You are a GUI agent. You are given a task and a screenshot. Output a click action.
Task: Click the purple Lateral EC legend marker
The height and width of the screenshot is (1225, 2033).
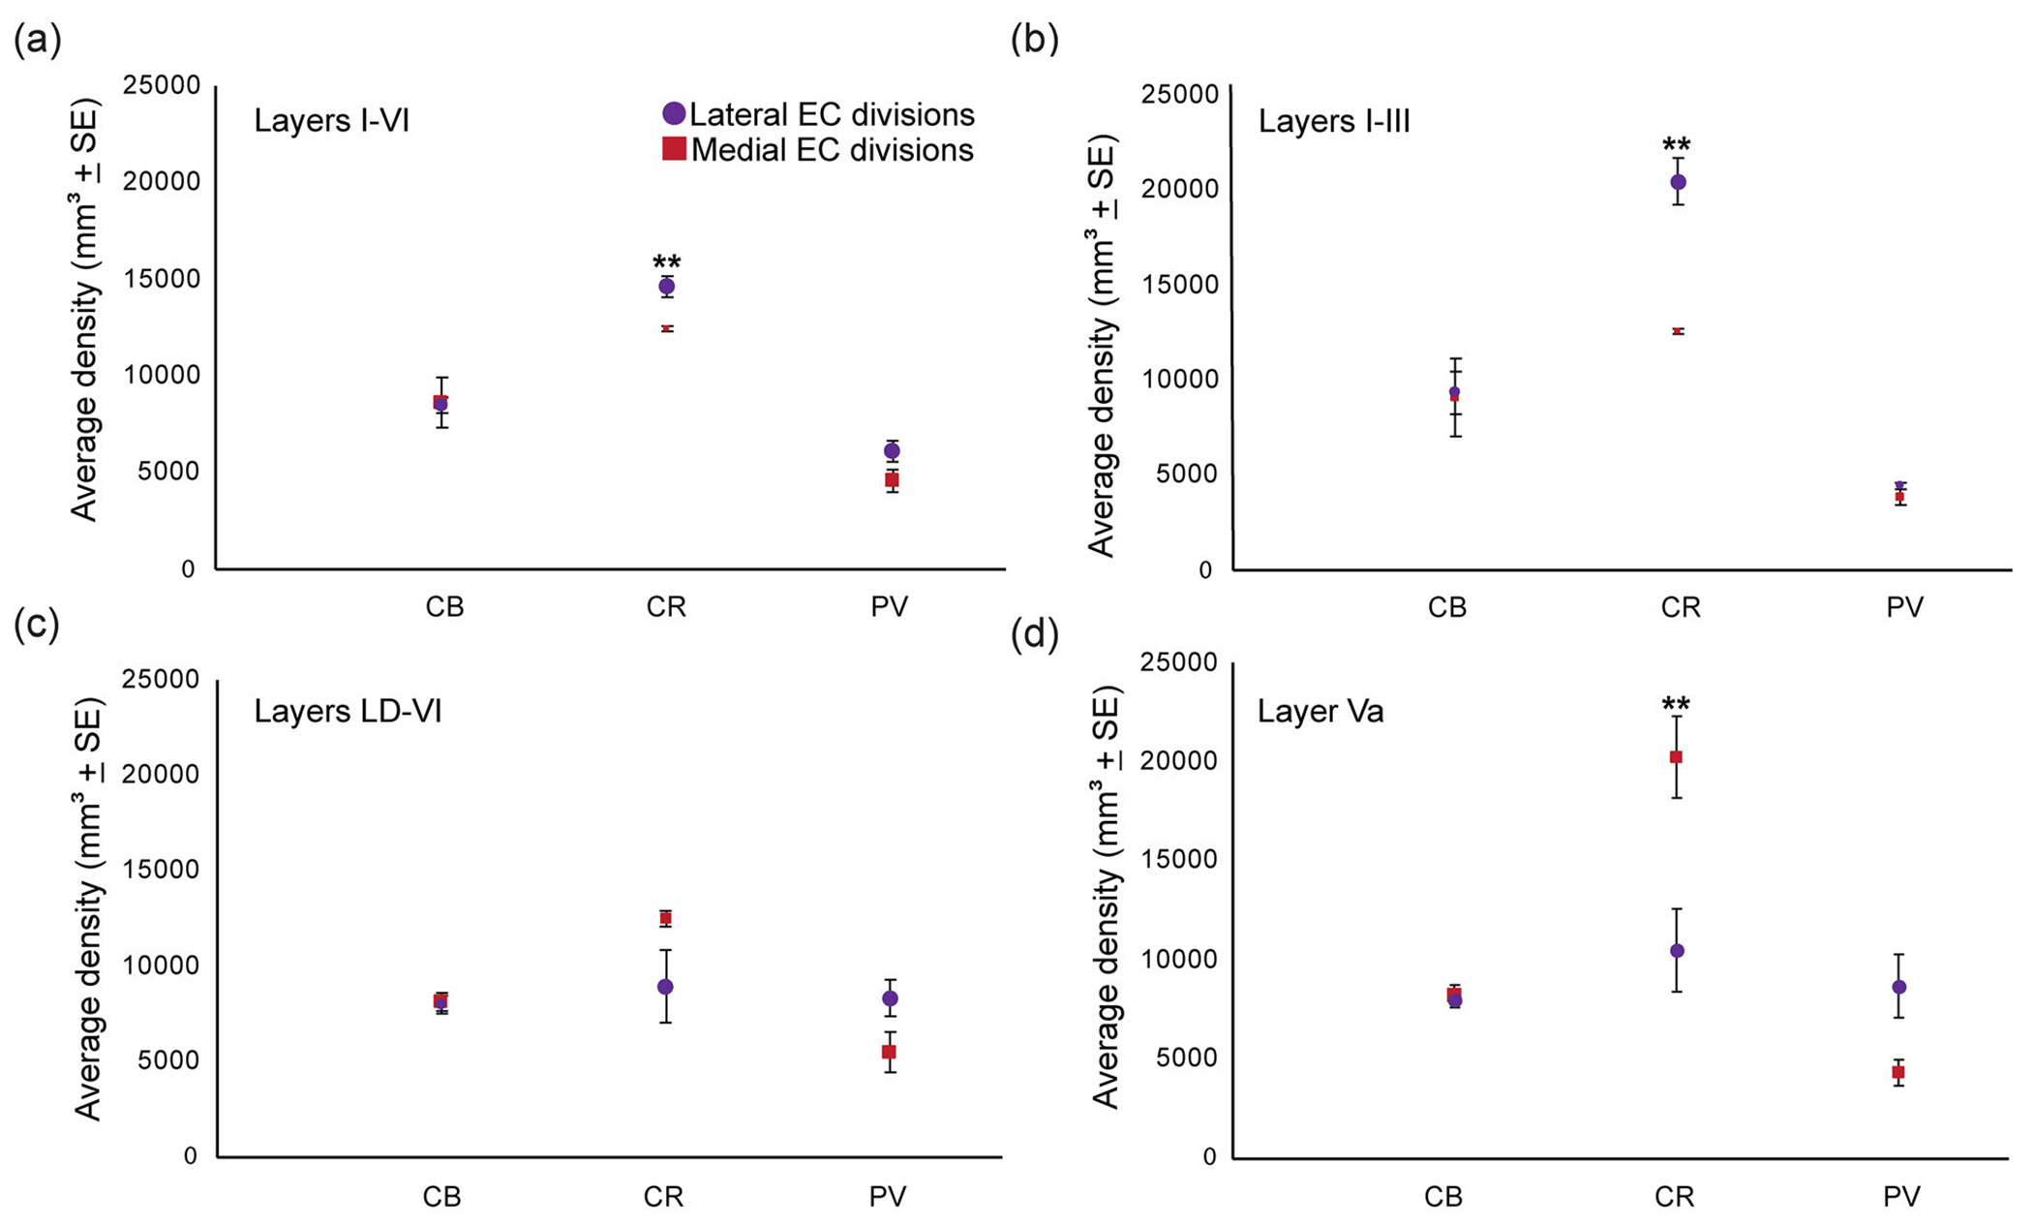(x=674, y=113)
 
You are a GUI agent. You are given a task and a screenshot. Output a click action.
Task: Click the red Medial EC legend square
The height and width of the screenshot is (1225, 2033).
(x=674, y=149)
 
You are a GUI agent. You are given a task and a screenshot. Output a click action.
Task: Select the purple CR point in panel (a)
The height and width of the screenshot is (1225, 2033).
(x=666, y=286)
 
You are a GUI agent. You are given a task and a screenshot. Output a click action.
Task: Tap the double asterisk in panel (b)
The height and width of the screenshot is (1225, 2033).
(x=1677, y=146)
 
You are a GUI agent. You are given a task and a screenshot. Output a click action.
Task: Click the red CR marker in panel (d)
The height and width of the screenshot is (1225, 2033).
(x=1676, y=757)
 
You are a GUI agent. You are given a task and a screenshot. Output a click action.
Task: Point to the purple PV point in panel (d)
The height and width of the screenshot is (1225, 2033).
(x=1899, y=987)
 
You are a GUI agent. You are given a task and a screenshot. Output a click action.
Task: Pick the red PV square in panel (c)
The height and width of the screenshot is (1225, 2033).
(x=889, y=1052)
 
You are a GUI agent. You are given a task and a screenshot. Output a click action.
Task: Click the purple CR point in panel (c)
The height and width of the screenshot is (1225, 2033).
(x=665, y=987)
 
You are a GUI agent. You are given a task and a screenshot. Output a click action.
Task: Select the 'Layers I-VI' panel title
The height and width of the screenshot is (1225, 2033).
(x=331, y=121)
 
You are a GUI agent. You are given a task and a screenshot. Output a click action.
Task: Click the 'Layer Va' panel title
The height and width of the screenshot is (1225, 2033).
(x=1320, y=712)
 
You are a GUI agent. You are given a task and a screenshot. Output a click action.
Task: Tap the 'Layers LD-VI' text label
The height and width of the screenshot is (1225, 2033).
(x=348, y=712)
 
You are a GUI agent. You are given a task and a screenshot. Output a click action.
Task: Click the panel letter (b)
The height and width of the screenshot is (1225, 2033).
(x=1034, y=40)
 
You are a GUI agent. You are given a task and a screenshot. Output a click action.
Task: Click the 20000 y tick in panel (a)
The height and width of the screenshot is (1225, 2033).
(x=162, y=182)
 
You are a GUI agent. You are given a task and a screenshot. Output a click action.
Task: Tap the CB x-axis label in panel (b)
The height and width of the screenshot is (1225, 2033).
(x=1447, y=607)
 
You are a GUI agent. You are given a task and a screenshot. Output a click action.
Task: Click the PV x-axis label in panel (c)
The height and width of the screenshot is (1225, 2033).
(x=888, y=1197)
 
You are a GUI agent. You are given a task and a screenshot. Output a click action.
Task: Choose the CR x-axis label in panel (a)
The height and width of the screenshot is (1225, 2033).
(x=666, y=607)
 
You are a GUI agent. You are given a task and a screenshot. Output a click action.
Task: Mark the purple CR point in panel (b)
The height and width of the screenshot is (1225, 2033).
(x=1678, y=182)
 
